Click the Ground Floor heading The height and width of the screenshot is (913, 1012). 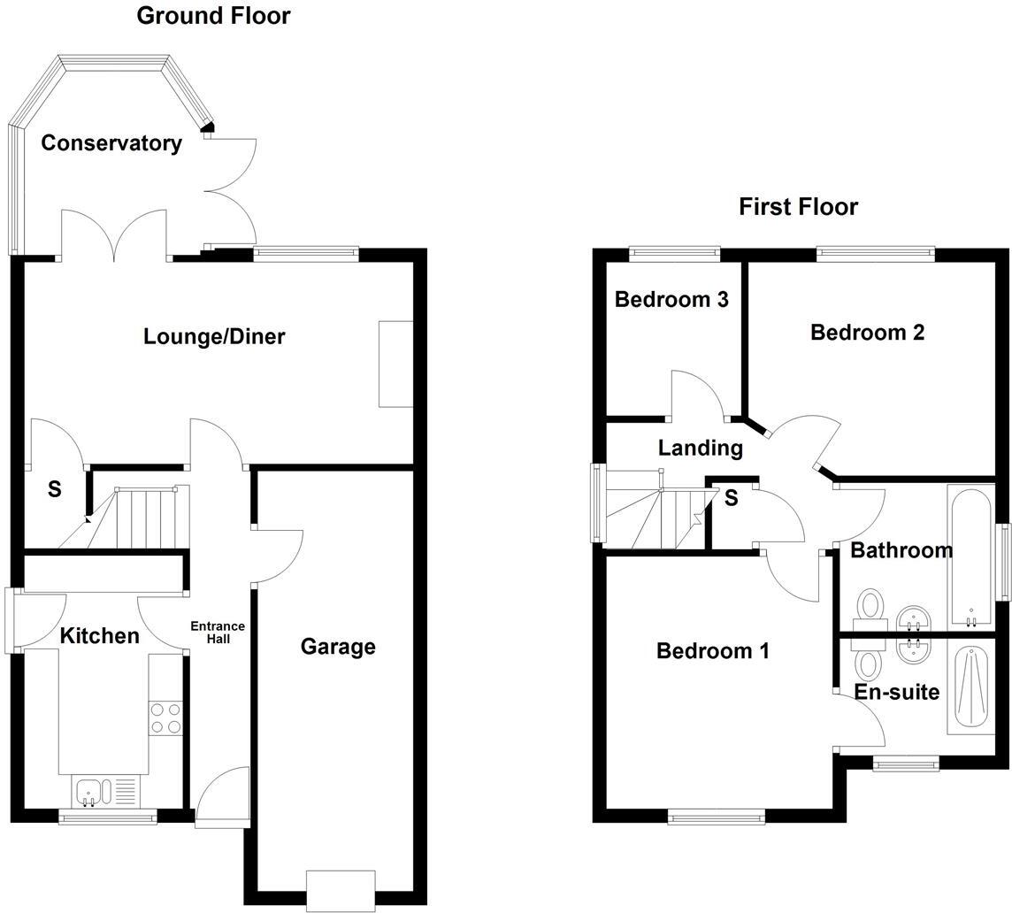click(x=213, y=16)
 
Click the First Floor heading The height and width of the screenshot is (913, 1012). click(x=799, y=207)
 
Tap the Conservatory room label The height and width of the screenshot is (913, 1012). click(x=111, y=142)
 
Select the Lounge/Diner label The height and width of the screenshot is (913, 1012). click(x=214, y=336)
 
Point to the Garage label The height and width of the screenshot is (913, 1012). click(x=338, y=647)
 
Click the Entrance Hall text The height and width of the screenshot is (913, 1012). click(x=218, y=633)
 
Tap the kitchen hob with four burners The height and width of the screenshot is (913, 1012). click(x=166, y=718)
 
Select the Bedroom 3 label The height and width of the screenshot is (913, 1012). click(x=671, y=299)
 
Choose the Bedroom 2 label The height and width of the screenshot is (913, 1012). click(x=868, y=333)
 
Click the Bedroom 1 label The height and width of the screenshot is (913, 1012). click(x=712, y=650)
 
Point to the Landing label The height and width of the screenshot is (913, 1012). click(x=701, y=448)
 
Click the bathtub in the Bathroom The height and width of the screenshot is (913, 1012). click(x=970, y=556)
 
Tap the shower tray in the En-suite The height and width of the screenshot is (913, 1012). click(x=970, y=687)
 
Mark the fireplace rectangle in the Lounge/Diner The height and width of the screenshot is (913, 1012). click(x=395, y=364)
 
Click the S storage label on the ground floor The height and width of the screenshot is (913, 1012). click(x=55, y=489)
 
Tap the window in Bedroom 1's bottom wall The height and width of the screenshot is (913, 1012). click(x=717, y=818)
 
